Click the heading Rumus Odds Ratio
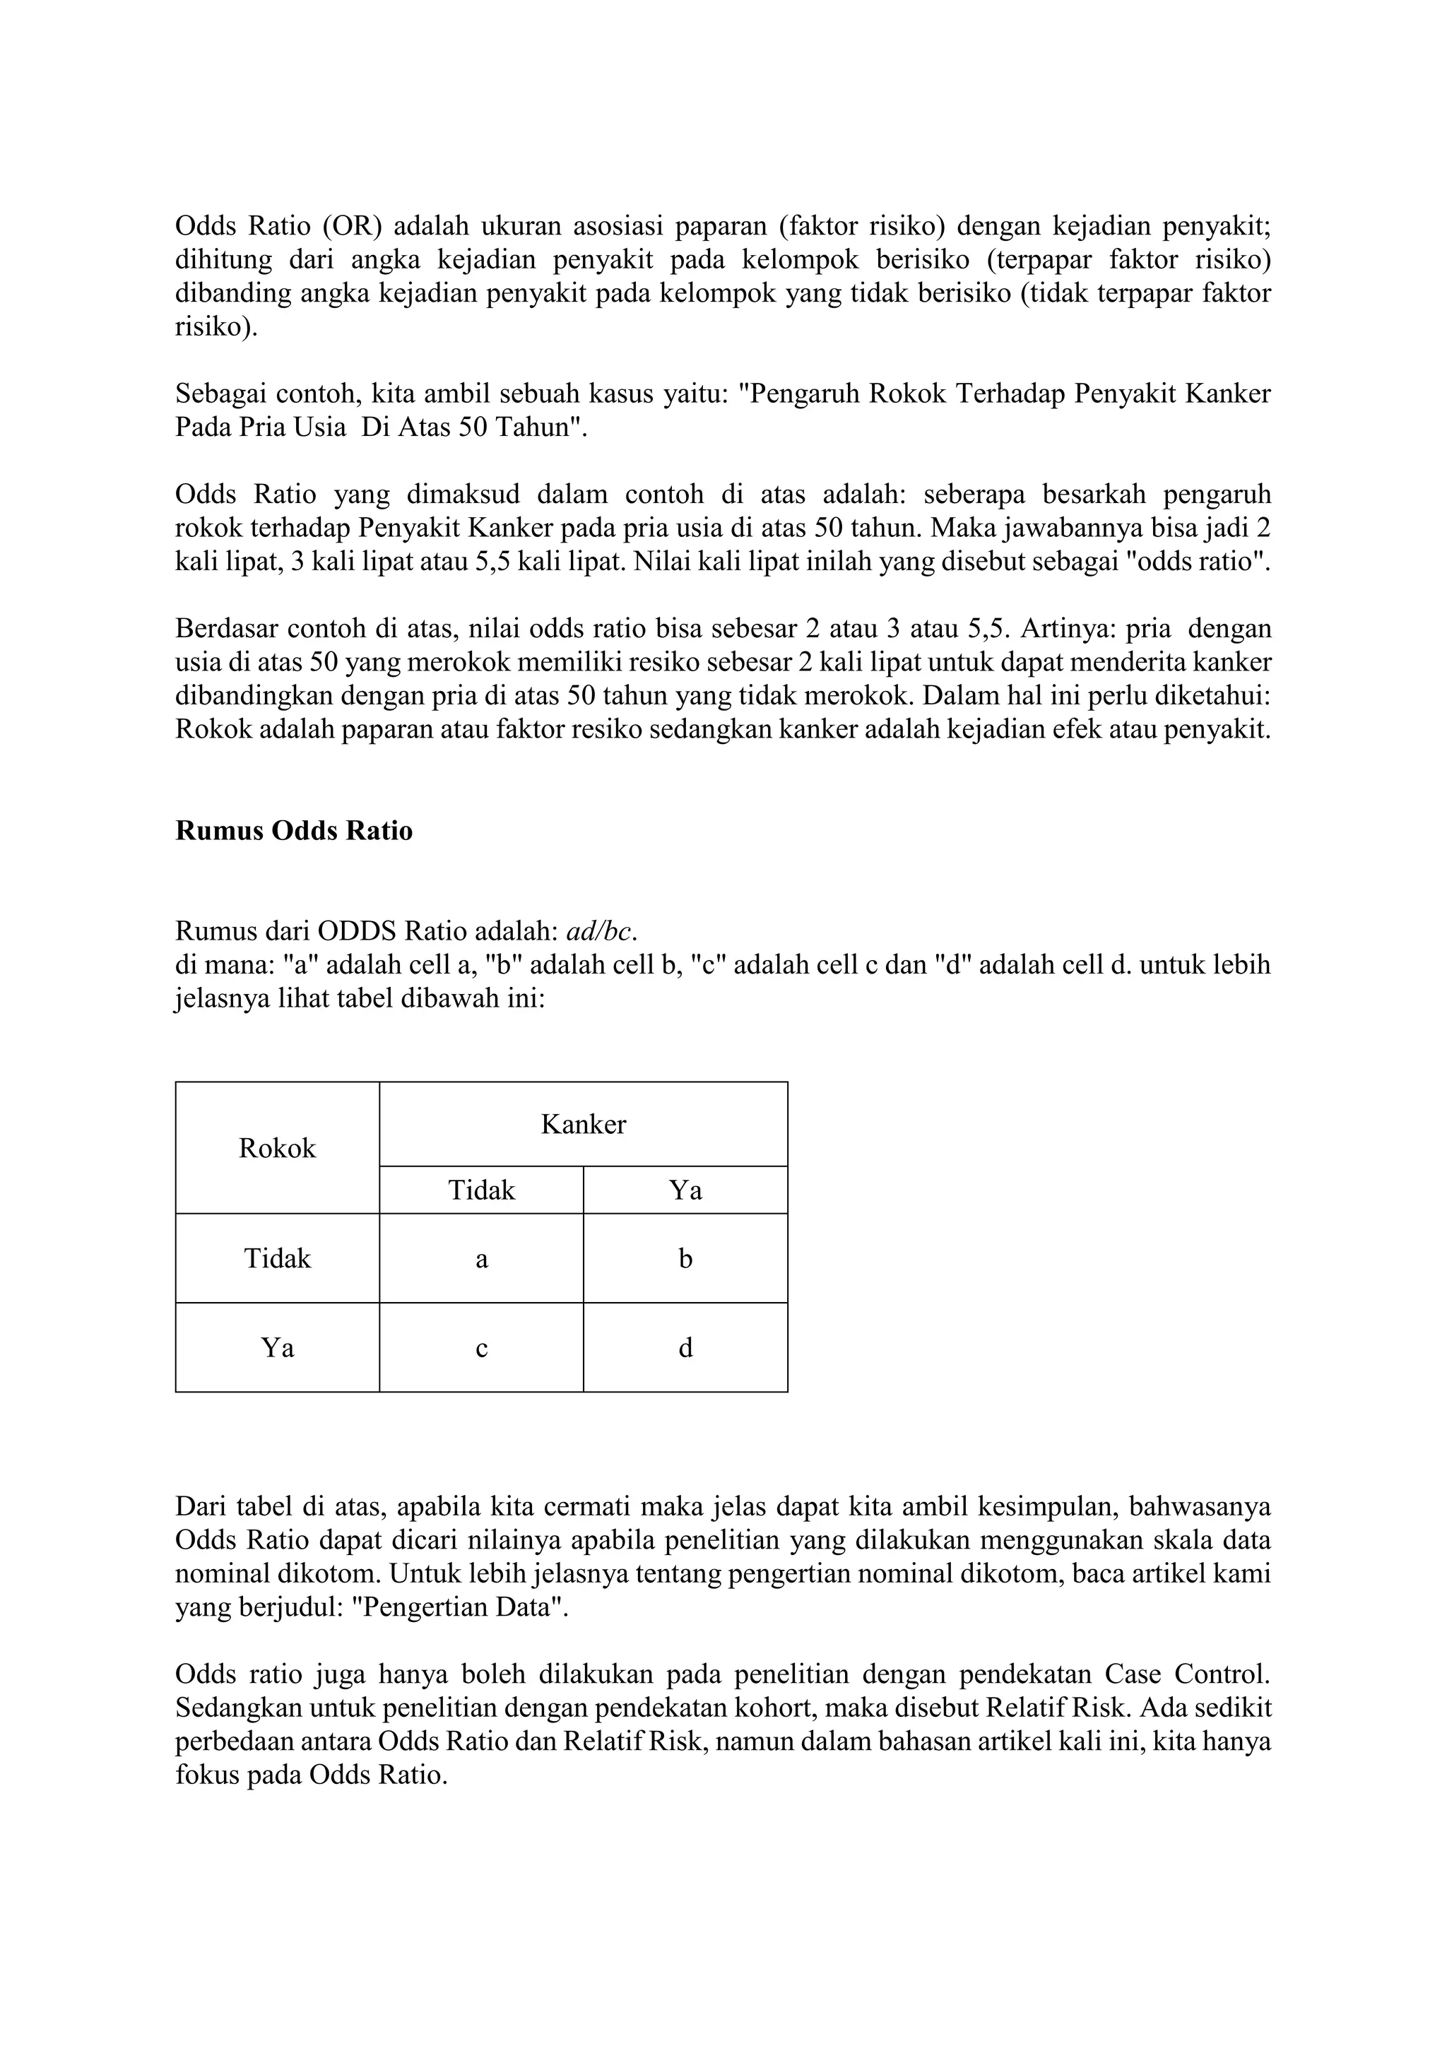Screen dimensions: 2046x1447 click(294, 831)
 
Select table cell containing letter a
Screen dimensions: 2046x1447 click(481, 1258)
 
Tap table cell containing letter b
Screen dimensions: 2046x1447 click(685, 1258)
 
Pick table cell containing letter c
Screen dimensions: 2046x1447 click(481, 1347)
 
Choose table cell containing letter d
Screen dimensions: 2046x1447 click(685, 1347)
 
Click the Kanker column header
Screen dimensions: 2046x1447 click(584, 1124)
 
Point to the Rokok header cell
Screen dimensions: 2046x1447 click(277, 1148)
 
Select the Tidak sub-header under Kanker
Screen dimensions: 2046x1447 click(481, 1190)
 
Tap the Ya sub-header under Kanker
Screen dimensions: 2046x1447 click(685, 1190)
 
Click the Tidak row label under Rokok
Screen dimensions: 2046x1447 click(277, 1258)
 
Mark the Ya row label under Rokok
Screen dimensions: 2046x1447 click(277, 1347)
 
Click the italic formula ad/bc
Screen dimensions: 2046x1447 click(601, 931)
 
